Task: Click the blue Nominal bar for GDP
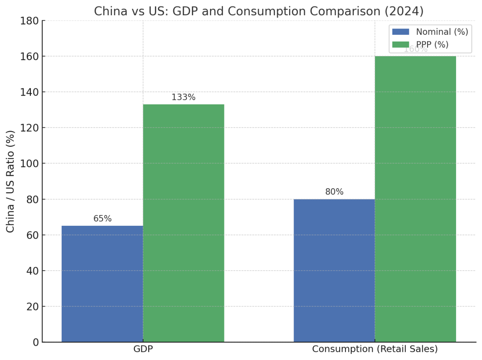(102, 284)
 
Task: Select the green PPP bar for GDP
(183, 223)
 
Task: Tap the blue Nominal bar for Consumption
(334, 270)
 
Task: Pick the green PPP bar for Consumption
(415, 199)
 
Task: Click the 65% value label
(102, 219)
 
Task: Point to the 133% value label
(183, 97)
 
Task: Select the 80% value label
(334, 192)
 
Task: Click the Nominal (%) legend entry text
(442, 32)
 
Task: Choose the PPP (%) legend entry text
(432, 45)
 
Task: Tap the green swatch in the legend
(400, 45)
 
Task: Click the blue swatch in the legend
(400, 32)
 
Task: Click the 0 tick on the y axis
(36, 342)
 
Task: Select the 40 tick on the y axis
(32, 271)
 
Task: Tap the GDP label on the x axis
(143, 349)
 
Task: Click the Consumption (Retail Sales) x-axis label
(374, 349)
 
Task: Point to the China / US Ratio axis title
(11, 181)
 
